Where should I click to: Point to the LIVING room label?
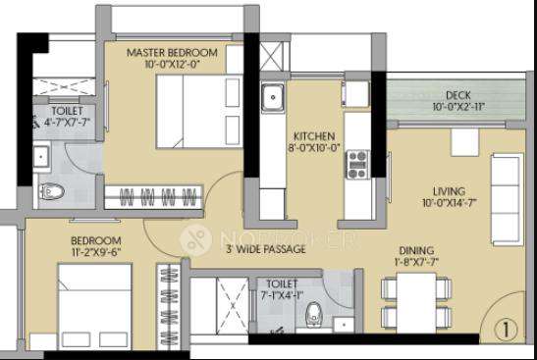click(450, 190)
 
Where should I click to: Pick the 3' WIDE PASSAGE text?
click(265, 250)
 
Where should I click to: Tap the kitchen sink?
click(270, 99)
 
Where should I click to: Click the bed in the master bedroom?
click(192, 108)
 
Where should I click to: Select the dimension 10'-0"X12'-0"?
click(175, 65)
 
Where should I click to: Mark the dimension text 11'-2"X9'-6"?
click(94, 251)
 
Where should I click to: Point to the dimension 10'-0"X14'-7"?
click(450, 204)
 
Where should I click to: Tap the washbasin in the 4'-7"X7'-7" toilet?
click(42, 155)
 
